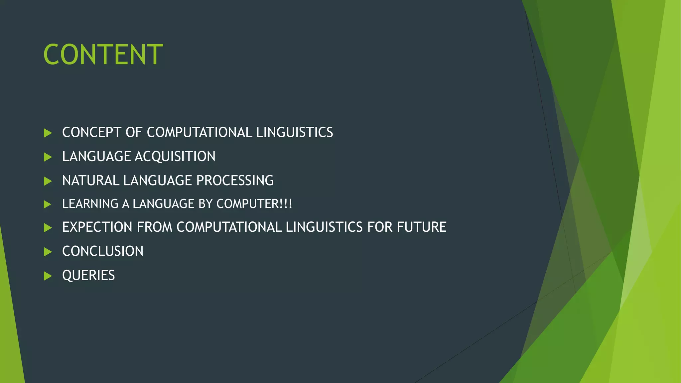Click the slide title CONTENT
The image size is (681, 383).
(103, 55)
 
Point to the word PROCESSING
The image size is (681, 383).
(235, 181)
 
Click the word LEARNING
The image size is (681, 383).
(90, 204)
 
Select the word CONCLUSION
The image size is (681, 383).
(103, 251)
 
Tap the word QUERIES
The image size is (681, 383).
(88, 276)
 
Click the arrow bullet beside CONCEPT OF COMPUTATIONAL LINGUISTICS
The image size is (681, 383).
(48, 133)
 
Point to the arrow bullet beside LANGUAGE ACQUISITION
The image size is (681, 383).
(48, 157)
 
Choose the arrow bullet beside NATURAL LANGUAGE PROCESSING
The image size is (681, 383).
(48, 181)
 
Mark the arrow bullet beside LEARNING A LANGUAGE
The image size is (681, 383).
(48, 204)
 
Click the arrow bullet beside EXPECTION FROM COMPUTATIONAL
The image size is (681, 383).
(48, 228)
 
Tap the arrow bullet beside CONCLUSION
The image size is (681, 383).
(48, 252)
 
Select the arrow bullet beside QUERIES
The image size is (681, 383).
(48, 276)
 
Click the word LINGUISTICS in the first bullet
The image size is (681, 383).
(295, 132)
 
